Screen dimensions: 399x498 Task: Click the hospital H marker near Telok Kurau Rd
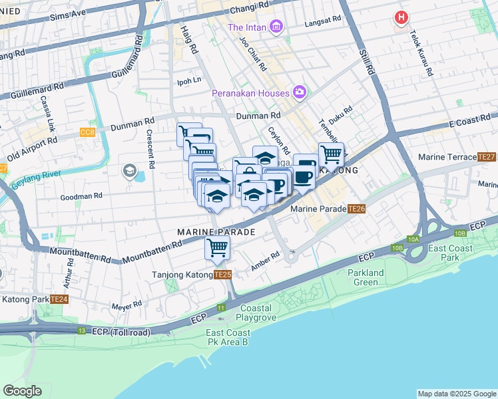(401, 19)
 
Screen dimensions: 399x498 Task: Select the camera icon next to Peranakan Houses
(299, 92)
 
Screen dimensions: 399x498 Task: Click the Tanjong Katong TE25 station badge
(223, 275)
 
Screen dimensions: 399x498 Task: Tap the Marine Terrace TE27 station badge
(486, 158)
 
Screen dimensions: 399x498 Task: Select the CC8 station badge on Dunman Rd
(87, 132)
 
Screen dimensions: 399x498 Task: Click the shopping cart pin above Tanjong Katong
(217, 249)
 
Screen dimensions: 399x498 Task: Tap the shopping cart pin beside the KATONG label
(331, 155)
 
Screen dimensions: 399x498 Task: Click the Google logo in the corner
(22, 391)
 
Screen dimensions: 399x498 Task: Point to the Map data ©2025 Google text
(456, 394)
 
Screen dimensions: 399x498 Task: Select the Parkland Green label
(366, 277)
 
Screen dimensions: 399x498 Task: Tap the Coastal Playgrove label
(247, 313)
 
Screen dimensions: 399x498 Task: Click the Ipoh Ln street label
(188, 80)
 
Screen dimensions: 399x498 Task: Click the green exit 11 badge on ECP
(221, 307)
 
